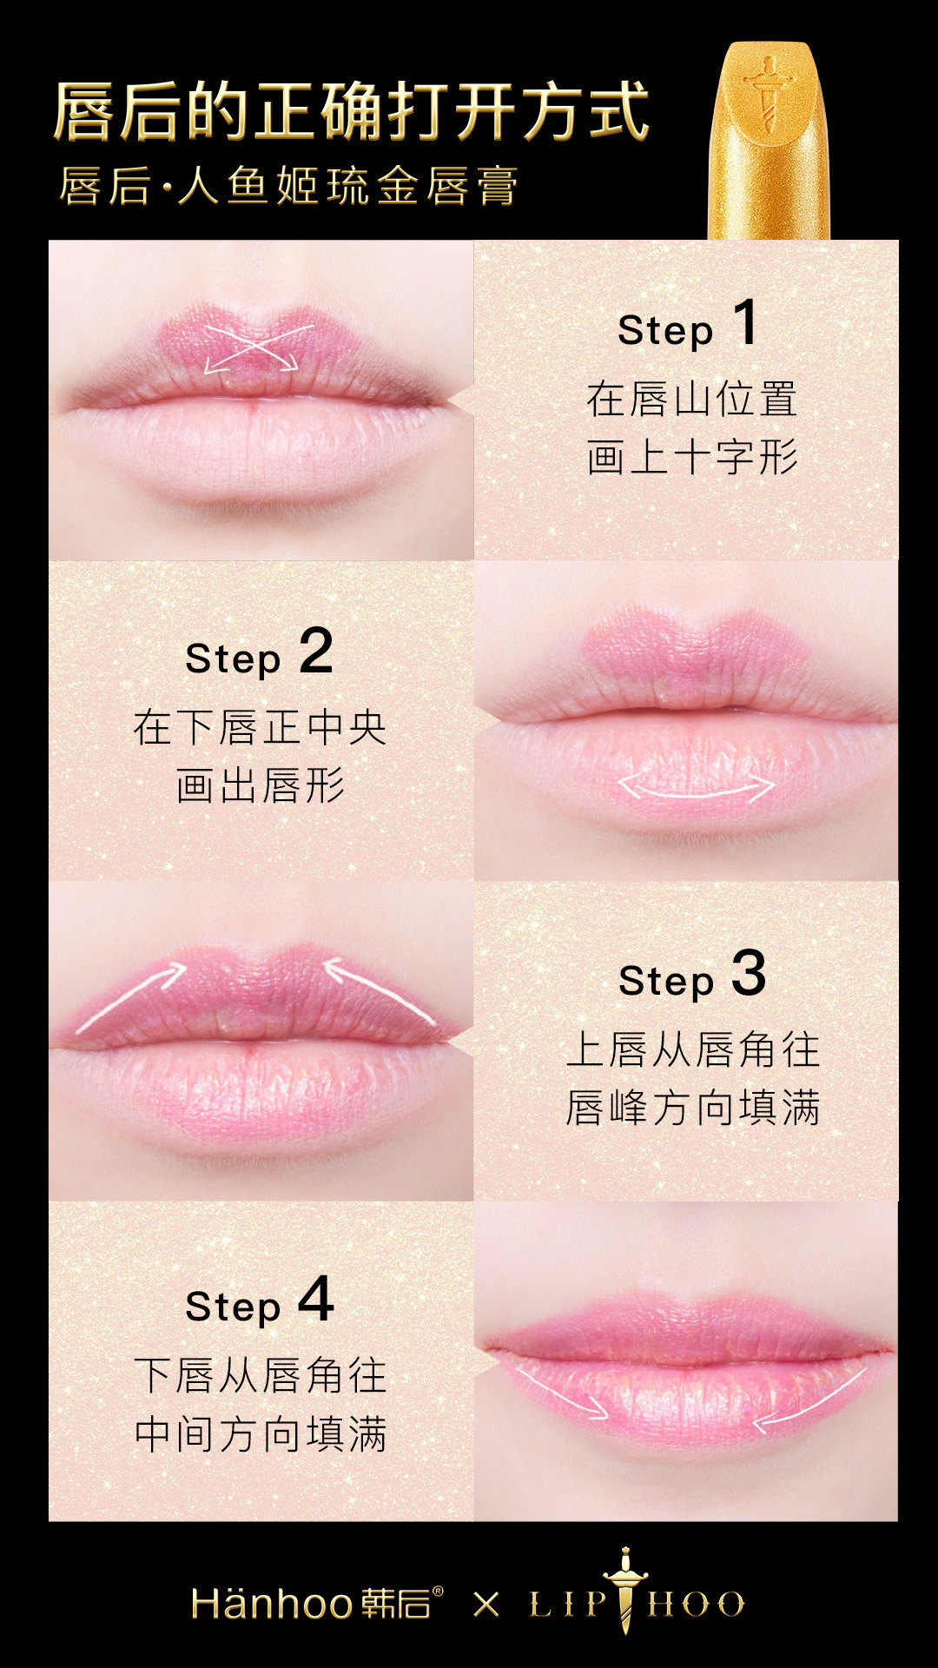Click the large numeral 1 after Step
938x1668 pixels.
745,322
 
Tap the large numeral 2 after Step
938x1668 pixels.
316,651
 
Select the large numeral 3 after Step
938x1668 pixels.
749,973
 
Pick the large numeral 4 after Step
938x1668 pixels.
316,1300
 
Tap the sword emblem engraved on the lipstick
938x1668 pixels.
768,95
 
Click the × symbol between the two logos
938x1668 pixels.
486,1604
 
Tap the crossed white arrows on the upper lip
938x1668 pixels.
253,348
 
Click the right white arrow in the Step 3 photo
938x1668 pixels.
380,990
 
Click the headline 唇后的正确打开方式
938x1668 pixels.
352,111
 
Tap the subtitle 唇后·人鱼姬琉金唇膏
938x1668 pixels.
289,186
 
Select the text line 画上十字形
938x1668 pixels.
692,457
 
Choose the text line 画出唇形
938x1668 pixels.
261,785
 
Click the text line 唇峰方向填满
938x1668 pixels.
692,1108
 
